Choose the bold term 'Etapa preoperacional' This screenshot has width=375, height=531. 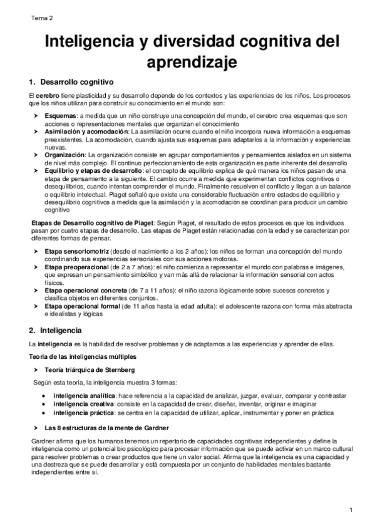pyautogui.click(x=80, y=266)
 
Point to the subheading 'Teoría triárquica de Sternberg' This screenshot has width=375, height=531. pyautogui.click(x=86, y=369)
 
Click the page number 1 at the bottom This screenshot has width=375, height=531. pyautogui.click(x=352, y=510)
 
